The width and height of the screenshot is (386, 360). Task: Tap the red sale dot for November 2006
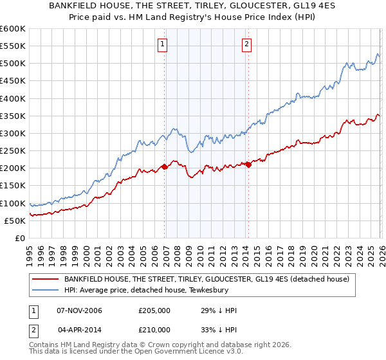[165, 166]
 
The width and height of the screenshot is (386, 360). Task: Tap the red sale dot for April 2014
[248, 165]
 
